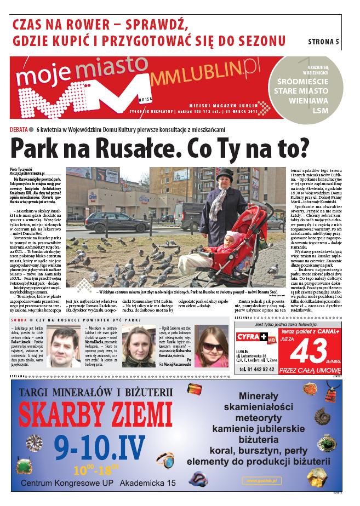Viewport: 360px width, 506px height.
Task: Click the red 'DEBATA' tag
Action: pos(20,129)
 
